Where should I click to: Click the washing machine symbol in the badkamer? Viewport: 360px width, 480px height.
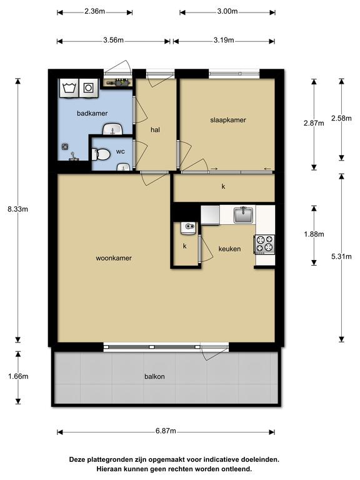pos(69,88)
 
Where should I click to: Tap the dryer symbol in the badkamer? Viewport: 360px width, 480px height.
pos(89,88)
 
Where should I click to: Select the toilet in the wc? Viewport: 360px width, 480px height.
pos(101,154)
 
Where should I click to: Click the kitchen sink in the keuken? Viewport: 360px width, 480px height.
pos(244,214)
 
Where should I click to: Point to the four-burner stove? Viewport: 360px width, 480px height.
pos(264,244)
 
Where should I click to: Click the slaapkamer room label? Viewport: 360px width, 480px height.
pos(228,120)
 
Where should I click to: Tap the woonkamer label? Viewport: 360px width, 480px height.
pos(114,258)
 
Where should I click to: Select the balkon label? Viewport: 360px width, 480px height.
pos(154,376)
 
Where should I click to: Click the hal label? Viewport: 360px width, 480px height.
pos(155,130)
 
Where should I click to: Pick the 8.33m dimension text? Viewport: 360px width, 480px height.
pos(17,209)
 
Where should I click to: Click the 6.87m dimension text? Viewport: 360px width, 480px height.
pos(166,431)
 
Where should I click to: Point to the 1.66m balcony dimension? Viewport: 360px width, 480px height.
pos(18,376)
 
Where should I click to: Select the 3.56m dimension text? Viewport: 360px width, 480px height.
pos(113,40)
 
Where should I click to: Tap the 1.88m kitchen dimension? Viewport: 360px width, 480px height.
pos(314,234)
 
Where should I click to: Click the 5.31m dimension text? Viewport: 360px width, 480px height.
pos(341,256)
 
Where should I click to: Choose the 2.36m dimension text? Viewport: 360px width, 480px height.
pos(94,11)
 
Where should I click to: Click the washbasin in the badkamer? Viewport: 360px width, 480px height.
pos(112,129)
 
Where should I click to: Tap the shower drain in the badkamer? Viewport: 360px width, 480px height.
pos(65,147)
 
